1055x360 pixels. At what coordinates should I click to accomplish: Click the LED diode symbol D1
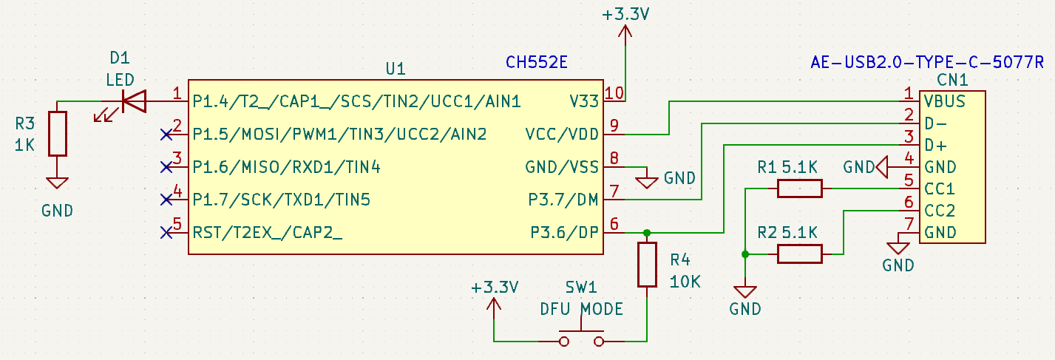tap(134, 101)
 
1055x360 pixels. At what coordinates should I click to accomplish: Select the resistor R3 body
tap(58, 134)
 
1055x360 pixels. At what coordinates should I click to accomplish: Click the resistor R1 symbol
tap(799, 189)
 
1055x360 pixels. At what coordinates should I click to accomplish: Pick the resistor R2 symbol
tap(799, 254)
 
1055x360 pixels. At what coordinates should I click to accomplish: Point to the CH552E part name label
tap(536, 62)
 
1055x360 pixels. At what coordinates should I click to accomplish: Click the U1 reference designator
tap(396, 69)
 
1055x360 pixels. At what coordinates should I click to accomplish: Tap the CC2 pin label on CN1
tap(939, 211)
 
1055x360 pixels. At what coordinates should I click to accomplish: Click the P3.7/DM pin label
tap(564, 200)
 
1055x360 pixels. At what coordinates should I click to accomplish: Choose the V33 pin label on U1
tap(583, 101)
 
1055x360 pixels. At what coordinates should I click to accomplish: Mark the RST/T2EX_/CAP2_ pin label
tap(268, 233)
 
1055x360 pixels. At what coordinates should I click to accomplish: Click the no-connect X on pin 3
tap(166, 167)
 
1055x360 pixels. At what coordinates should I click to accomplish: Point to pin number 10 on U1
tap(613, 93)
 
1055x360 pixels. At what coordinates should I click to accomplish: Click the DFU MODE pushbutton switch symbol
tap(581, 337)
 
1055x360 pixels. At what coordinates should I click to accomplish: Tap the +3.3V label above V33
tap(625, 15)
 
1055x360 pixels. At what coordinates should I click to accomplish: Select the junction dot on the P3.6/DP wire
tap(647, 233)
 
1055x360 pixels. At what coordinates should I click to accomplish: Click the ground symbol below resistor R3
tap(58, 183)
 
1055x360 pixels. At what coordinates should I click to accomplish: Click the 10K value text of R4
tap(685, 282)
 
